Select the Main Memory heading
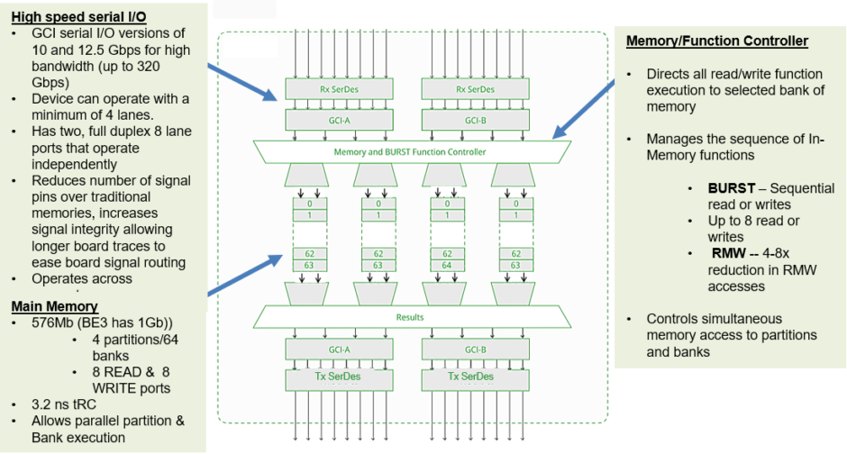54,306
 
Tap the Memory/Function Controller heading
716,41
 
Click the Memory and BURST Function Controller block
410,152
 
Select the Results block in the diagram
410,317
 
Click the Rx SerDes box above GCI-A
328,89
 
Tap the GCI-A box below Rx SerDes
328,119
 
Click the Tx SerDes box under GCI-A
328,377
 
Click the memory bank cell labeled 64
447,266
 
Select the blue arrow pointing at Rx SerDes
243,81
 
